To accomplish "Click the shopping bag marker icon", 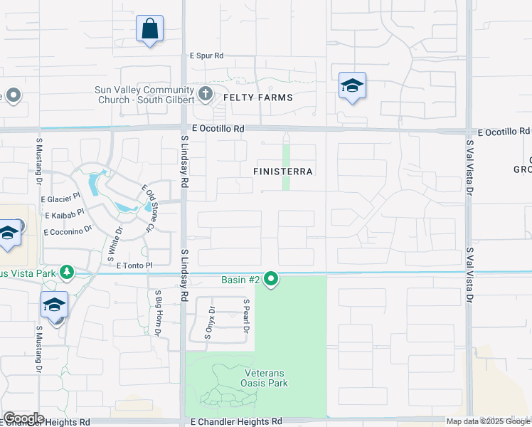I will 150,30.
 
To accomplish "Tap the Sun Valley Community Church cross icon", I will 206,93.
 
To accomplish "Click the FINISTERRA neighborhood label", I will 284,172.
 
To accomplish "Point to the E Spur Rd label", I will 206,56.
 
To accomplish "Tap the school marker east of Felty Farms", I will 352,87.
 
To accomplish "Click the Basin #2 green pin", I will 271,280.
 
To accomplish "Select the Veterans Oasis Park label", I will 256,378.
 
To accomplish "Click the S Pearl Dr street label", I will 245,317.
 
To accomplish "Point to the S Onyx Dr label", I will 210,322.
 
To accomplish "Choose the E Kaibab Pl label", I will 65,214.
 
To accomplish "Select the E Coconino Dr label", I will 68,231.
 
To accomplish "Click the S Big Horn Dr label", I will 158,312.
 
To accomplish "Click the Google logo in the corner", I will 23,418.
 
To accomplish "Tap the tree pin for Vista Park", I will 67,273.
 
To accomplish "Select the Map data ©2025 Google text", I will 489,421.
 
